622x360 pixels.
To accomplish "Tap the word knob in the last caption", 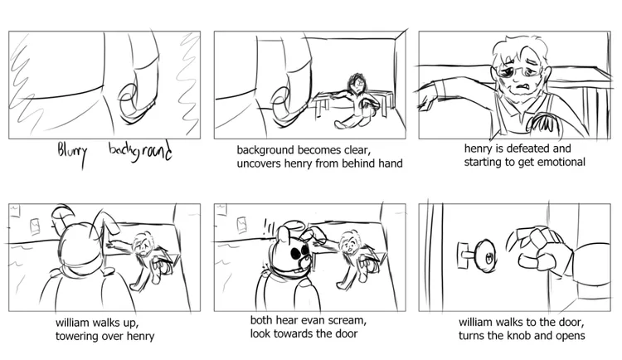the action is [x=518, y=336].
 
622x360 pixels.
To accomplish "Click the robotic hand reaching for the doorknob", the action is [x=541, y=249].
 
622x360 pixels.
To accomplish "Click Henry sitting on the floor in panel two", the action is [x=353, y=101].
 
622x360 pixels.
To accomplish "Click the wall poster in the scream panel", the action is [x=241, y=225].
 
